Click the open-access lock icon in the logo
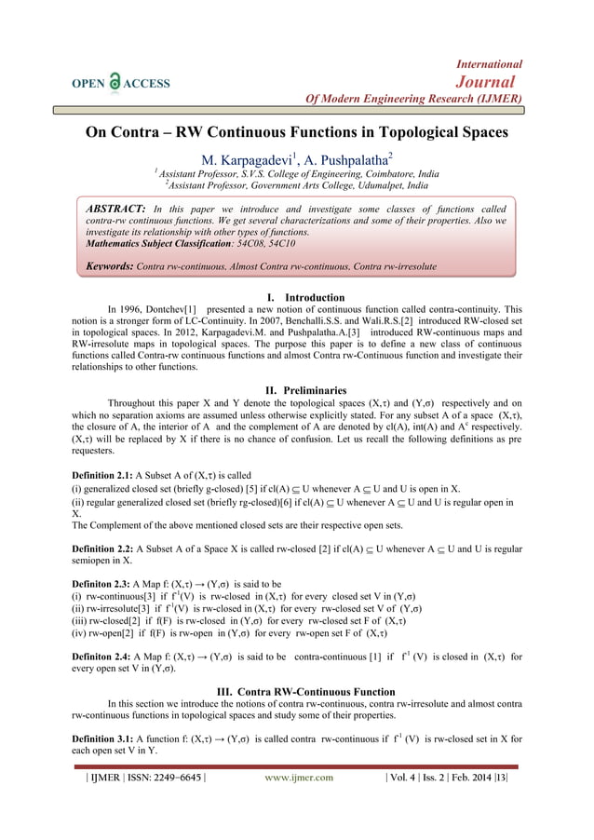coord(116,81)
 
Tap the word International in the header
coord(489,64)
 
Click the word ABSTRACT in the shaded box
coord(115,208)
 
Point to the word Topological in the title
coord(395,132)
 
